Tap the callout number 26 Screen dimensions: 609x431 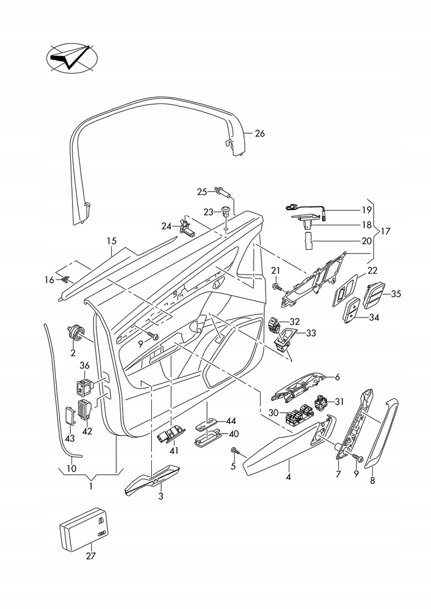click(259, 133)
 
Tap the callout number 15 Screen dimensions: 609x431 click(111, 241)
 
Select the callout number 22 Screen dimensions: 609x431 click(373, 271)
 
